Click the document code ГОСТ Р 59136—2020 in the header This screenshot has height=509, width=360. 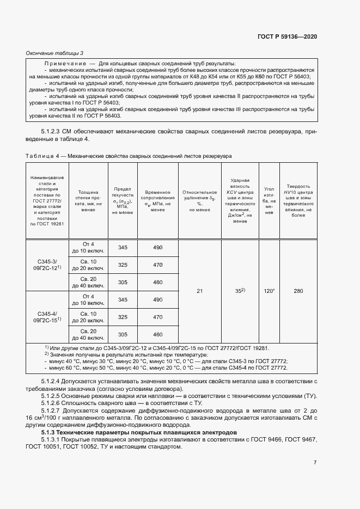click(286, 36)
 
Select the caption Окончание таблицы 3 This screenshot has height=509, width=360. click(54, 53)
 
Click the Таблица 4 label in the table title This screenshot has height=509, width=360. click(45, 156)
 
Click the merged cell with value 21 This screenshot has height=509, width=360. click(199, 291)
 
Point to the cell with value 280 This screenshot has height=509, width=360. click(298, 291)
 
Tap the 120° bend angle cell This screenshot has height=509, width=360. click(269, 291)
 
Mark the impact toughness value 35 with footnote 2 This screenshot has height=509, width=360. click(240, 291)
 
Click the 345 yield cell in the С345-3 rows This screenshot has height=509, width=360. click(123, 248)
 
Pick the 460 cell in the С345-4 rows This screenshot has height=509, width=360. click(158, 334)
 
